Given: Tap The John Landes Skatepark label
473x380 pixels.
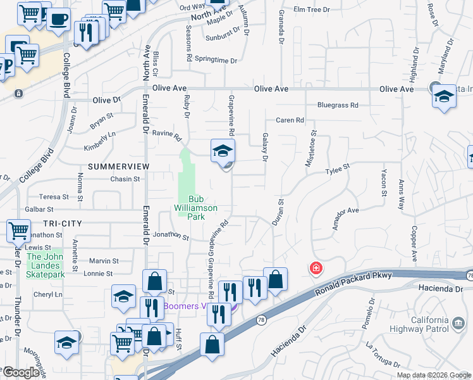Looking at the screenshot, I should click(46, 265).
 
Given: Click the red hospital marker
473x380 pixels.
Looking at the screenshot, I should click(316, 269).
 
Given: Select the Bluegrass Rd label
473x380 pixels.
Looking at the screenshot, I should click(338, 105).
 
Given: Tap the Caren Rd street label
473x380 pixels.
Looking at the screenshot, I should click(290, 120).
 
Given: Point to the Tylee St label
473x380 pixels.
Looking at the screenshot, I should click(337, 168).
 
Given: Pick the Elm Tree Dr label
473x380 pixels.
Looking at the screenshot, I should click(312, 10).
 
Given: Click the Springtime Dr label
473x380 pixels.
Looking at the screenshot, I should click(215, 61).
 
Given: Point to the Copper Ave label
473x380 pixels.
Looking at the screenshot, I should click(414, 244).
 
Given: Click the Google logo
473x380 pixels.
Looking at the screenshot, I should click(21, 372).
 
